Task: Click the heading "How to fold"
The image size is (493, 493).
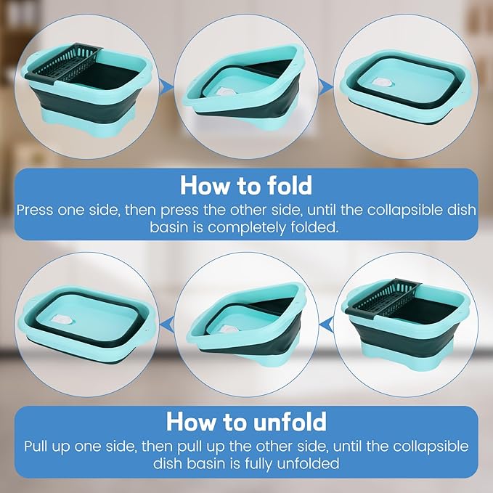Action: click(246, 185)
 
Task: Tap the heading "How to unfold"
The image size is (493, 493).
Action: click(246, 421)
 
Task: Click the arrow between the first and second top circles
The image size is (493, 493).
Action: click(165, 86)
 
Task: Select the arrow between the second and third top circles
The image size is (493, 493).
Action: click(325, 86)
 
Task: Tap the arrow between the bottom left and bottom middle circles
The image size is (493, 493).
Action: click(167, 324)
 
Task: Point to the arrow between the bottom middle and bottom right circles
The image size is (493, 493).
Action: click(326, 324)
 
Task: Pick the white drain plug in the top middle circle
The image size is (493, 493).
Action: click(227, 92)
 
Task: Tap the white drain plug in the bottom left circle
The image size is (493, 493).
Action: click(62, 319)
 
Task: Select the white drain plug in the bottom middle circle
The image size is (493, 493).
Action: click(228, 330)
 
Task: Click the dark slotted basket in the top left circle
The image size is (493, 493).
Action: click(64, 63)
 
